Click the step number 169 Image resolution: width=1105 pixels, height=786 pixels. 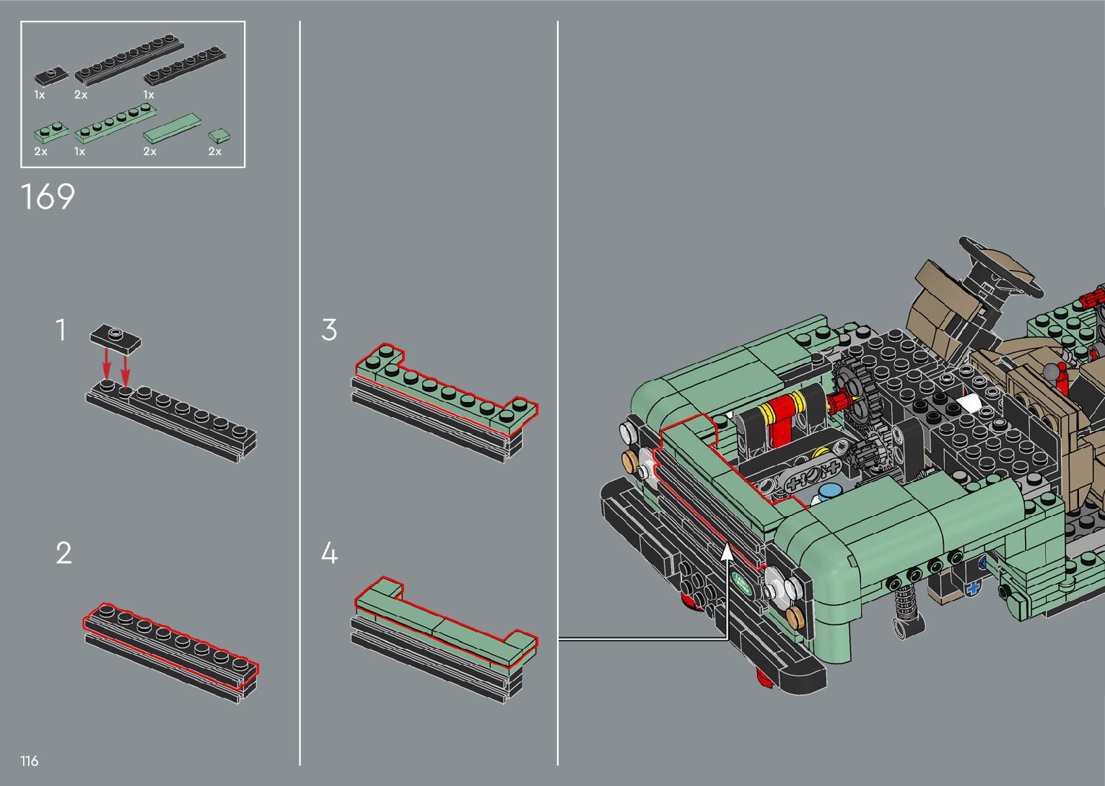click(x=48, y=197)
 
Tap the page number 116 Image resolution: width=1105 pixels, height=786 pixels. click(x=29, y=761)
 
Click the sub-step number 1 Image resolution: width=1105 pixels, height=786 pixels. click(x=61, y=330)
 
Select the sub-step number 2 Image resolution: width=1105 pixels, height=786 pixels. click(x=64, y=553)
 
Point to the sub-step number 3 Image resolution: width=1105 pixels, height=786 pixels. click(x=329, y=330)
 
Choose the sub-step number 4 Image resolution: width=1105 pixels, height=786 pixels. click(x=330, y=553)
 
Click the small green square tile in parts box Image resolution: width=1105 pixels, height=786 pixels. click(x=219, y=136)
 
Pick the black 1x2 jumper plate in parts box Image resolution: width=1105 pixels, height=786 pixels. click(x=51, y=76)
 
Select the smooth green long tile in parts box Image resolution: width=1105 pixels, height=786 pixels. click(x=172, y=127)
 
